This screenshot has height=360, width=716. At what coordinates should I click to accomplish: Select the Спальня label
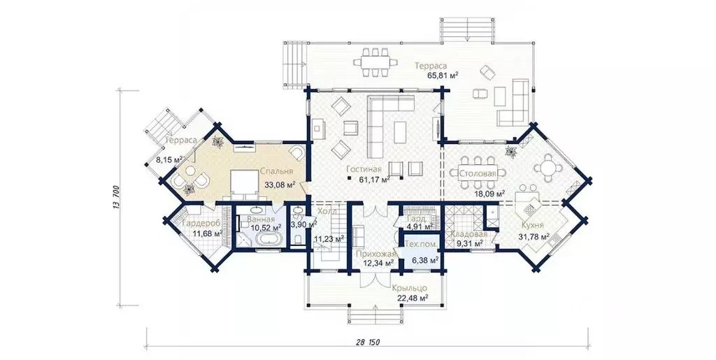(277, 171)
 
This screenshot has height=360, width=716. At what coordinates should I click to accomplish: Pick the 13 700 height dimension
(117, 198)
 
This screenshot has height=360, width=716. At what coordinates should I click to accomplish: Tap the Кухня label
(531, 225)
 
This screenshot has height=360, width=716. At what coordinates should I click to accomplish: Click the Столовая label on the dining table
(478, 173)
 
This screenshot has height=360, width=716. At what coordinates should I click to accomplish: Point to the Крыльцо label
(409, 288)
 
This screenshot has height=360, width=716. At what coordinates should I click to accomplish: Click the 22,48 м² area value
(413, 298)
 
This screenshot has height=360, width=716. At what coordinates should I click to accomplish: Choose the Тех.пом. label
(422, 244)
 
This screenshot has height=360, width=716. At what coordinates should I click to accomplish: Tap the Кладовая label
(468, 234)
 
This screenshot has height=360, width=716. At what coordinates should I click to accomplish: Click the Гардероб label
(201, 224)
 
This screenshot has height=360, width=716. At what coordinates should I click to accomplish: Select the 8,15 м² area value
(169, 159)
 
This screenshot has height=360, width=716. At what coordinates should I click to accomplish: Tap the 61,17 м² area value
(375, 180)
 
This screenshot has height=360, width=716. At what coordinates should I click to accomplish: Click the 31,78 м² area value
(534, 236)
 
